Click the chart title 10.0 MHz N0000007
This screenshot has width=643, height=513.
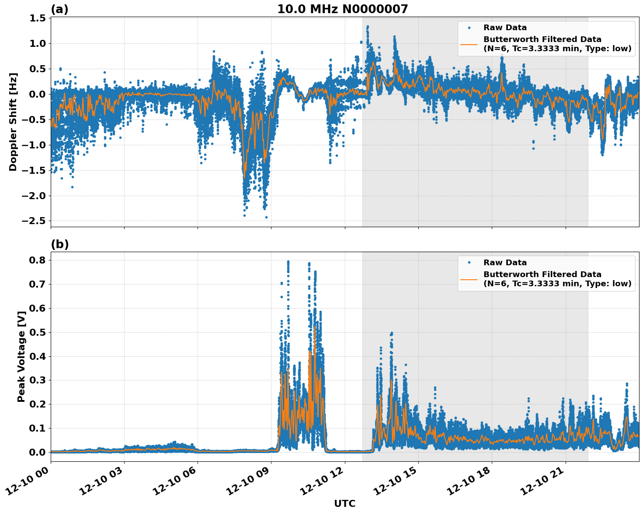click(342, 9)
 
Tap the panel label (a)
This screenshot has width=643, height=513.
click(59, 9)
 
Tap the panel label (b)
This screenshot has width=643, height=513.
click(60, 244)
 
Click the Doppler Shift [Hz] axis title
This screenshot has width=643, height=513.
click(13, 122)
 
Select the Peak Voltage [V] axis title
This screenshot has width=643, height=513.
click(21, 356)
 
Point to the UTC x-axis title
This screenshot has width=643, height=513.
click(344, 503)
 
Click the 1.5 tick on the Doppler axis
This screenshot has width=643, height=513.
click(38, 18)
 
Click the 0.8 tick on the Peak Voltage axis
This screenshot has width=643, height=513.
click(38, 260)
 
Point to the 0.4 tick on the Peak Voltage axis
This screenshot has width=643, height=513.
click(38, 356)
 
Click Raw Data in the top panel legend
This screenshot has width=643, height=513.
click(505, 28)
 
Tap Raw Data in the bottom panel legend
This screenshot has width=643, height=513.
click(505, 263)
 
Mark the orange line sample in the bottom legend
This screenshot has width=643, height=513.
click(469, 279)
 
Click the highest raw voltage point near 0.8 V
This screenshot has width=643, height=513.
click(288, 261)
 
